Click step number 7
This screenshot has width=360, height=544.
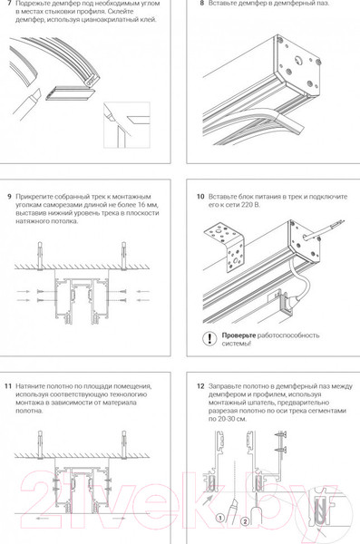tap(9, 4)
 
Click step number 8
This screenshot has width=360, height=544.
tap(202, 4)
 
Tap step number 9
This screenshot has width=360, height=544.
tap(9, 197)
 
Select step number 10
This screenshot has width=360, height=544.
tap(200, 197)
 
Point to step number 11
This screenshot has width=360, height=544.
tap(8, 386)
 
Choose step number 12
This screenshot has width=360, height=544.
tap(200, 386)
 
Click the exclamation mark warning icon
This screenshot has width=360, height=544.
tap(209, 338)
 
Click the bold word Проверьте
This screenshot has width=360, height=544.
tap(238, 335)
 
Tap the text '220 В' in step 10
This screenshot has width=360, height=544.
tap(250, 205)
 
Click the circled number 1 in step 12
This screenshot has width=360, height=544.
tap(220, 519)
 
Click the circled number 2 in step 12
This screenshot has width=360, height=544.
tap(245, 521)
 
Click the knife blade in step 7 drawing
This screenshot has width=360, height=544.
tap(36, 94)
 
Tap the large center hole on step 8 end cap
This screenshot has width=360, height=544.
tap(298, 60)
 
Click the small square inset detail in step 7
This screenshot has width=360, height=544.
tap(127, 125)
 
